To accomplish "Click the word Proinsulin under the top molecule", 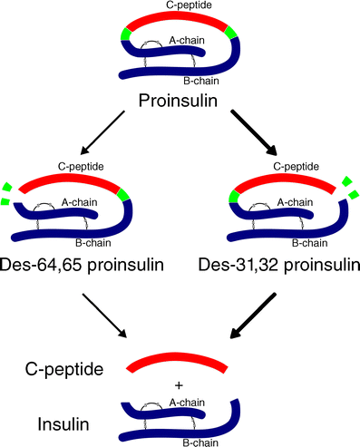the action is click(178, 101).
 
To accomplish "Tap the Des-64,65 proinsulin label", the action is click(82, 265).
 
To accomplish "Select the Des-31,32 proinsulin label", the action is click(279, 265).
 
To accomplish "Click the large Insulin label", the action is click(63, 424).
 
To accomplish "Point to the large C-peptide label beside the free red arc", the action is click(64, 369).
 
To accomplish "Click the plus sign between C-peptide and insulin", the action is click(179, 385).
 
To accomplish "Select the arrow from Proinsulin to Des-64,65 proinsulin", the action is click(102, 132).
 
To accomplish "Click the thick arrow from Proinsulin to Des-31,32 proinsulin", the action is click(254, 132).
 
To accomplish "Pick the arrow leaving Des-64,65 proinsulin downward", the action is click(104, 316).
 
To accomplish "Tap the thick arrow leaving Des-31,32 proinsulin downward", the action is click(253, 316).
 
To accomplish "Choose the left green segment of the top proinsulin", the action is click(125, 34).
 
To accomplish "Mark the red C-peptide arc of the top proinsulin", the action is click(177, 19).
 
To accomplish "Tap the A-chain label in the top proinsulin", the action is click(187, 40).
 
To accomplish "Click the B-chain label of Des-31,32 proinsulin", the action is click(310, 243).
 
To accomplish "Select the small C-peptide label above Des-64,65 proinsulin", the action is click(81, 167).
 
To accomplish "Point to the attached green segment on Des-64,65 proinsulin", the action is click(123, 195).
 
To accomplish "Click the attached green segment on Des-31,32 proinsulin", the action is click(234, 197).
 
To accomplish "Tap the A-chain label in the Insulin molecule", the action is click(187, 403).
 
